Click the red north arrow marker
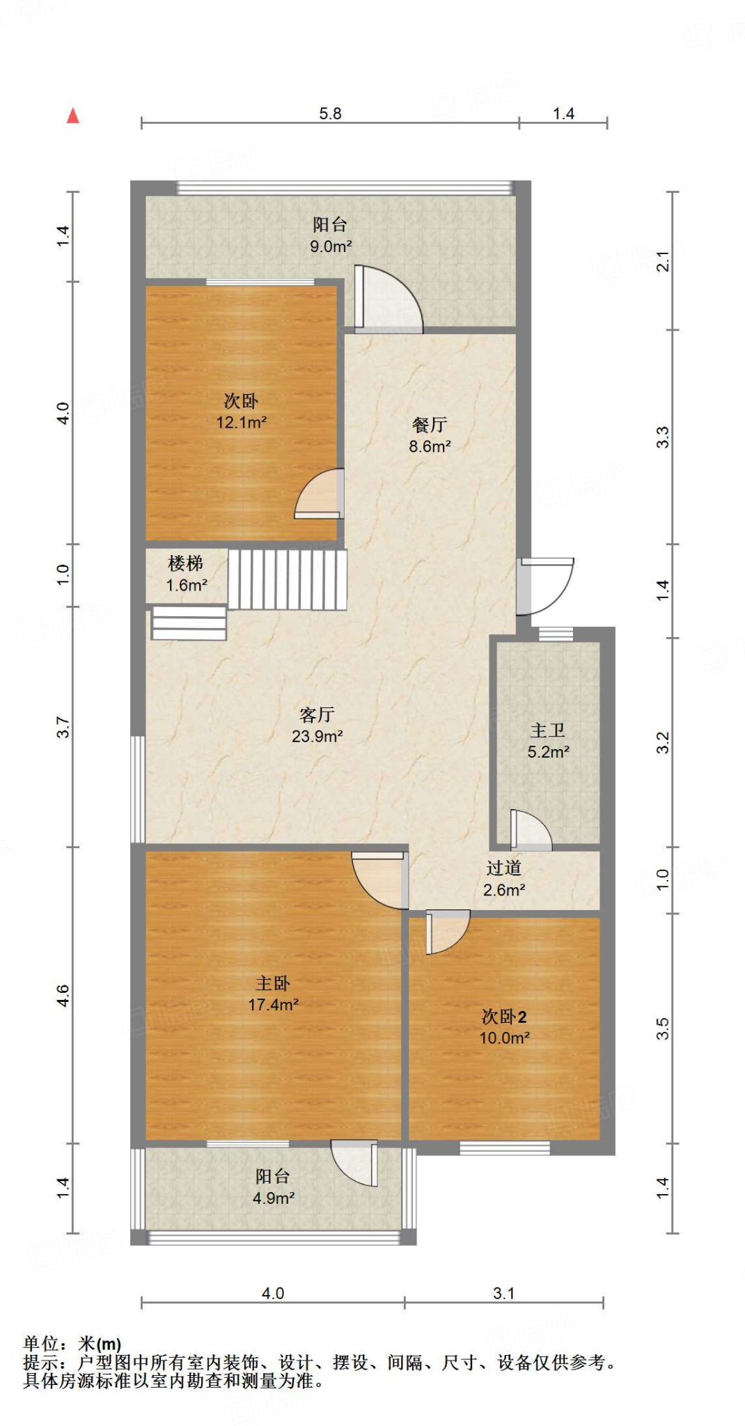tap(72, 116)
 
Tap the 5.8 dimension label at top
tap(330, 113)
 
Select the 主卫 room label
tap(547, 730)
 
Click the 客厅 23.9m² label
tap(317, 725)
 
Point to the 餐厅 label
tap(429, 425)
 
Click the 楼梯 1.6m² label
tap(186, 574)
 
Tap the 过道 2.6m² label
tap(503, 879)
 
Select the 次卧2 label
tap(504, 1017)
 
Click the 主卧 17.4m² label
tap(273, 994)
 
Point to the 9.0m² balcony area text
tap(330, 246)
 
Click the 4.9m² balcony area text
tap(273, 1198)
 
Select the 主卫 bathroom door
tap(530, 831)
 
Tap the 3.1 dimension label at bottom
tap(503, 1293)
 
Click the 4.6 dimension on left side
tap(63, 995)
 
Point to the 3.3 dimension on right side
tap(663, 437)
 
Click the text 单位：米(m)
tap(72, 1344)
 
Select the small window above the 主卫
tap(556, 634)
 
